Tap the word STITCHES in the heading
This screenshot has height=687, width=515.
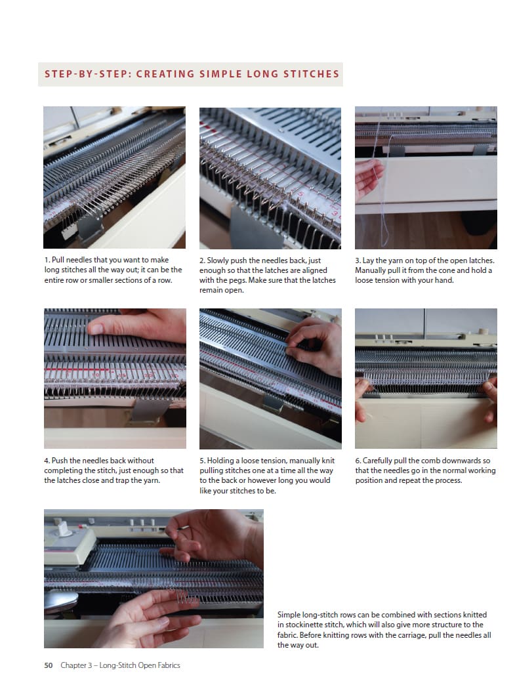point(312,73)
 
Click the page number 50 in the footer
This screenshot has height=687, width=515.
point(48,665)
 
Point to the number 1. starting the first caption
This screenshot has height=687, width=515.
point(47,260)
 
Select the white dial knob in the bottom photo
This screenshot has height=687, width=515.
point(65,530)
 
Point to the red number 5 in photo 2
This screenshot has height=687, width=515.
point(301,193)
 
